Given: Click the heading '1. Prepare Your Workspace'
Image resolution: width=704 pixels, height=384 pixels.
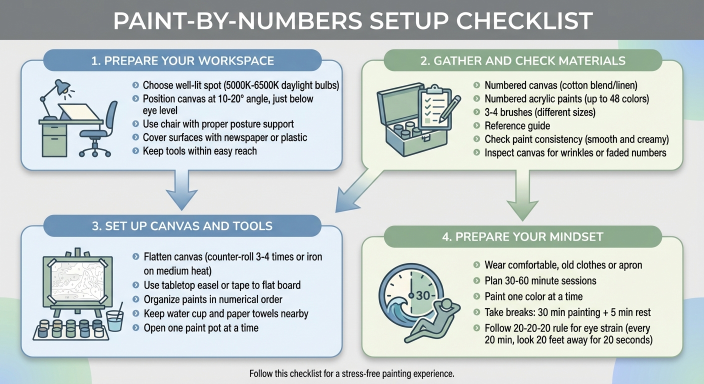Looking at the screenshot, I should point(182,61).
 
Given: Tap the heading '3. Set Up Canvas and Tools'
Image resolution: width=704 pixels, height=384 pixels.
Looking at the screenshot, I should point(182,226).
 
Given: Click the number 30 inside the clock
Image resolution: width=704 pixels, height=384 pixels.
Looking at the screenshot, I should point(423,295).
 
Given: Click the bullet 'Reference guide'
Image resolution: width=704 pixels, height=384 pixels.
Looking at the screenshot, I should point(517,126).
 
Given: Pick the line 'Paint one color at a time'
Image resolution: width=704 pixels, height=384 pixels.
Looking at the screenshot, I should point(533,296).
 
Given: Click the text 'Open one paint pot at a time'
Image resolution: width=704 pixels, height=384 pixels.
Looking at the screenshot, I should point(201,328).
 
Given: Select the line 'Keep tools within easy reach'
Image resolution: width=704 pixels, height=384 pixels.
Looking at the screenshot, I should point(199,150).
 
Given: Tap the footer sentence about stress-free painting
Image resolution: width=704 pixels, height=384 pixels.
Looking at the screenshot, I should point(351,373).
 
